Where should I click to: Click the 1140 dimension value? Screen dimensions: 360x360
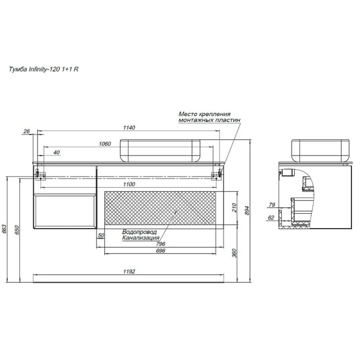(129, 128)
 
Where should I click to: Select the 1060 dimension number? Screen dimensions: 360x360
(105, 144)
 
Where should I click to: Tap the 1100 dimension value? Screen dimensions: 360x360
(129, 184)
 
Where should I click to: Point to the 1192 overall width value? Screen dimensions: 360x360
(129, 272)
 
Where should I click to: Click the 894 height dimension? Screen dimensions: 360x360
(247, 210)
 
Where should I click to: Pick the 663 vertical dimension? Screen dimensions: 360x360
(4, 229)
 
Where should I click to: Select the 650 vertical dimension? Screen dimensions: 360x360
(17, 230)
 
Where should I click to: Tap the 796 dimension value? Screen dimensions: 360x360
(160, 244)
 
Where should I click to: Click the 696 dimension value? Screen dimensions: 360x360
(160, 251)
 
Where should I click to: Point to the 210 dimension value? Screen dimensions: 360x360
(234, 207)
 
